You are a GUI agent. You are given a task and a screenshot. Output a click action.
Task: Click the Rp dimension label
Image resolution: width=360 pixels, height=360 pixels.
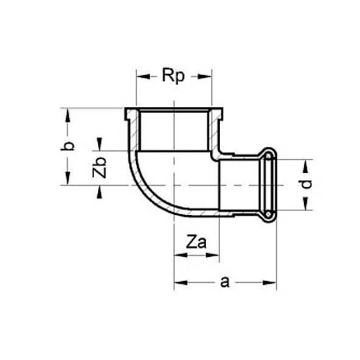click(x=173, y=77)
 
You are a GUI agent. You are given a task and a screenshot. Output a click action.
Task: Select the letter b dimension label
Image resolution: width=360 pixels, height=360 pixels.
click(x=69, y=146)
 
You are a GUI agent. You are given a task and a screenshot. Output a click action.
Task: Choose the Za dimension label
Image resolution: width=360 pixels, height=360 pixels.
click(x=196, y=243)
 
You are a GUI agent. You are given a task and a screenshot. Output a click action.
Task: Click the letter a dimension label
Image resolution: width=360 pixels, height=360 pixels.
click(x=224, y=281)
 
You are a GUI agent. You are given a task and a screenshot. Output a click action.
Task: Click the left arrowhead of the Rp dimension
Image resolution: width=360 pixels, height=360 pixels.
click(x=141, y=77)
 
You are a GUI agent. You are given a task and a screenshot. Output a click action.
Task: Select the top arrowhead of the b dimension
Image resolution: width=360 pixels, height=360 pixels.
click(x=69, y=114)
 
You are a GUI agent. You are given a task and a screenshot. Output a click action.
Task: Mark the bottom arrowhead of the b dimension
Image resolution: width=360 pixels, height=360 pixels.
click(x=69, y=180)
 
